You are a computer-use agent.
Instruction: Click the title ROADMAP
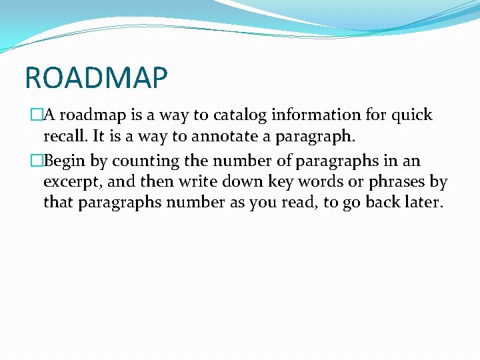point(96,77)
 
